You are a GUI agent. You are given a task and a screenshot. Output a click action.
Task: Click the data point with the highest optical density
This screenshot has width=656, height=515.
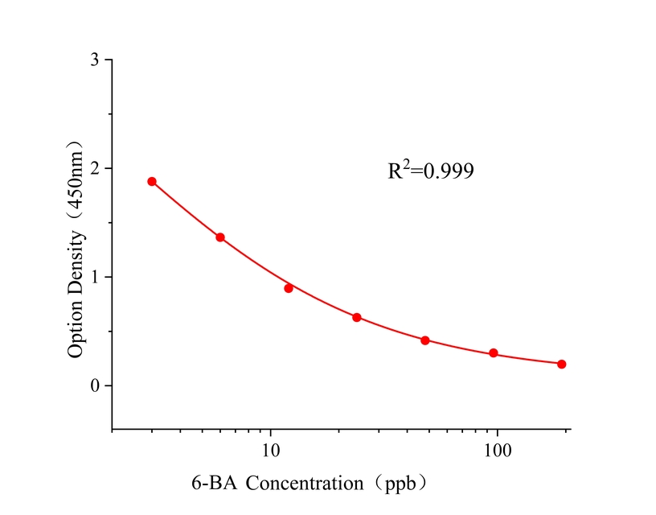tap(152, 182)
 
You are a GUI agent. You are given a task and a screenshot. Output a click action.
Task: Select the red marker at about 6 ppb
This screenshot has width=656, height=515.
tap(220, 237)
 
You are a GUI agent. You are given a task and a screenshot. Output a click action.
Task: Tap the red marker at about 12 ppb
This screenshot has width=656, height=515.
tap(289, 288)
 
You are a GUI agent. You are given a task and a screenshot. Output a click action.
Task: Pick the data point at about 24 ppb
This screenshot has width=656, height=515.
tap(357, 318)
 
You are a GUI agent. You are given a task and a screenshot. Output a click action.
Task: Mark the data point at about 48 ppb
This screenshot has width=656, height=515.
tap(425, 340)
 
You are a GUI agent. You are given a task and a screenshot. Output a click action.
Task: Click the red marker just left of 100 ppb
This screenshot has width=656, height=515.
tap(494, 353)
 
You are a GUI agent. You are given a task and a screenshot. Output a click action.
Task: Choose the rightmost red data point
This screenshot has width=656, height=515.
tap(562, 364)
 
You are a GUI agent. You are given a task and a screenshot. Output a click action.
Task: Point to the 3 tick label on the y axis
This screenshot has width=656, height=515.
tap(96, 60)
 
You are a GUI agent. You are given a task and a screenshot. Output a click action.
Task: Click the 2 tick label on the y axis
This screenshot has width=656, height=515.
tap(96, 169)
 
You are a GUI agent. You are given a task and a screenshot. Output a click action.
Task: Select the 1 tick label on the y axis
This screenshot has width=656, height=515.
tap(96, 277)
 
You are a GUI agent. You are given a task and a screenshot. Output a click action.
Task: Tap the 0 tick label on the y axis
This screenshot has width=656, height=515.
tap(96, 385)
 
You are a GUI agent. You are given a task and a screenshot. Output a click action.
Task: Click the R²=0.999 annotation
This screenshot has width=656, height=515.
tap(431, 171)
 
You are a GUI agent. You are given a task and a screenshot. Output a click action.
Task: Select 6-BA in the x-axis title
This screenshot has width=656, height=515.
tap(215, 484)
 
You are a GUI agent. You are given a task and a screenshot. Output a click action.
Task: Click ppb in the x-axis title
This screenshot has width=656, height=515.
tap(401, 484)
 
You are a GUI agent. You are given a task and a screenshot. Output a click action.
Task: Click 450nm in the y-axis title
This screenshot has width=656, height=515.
tap(76, 187)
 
